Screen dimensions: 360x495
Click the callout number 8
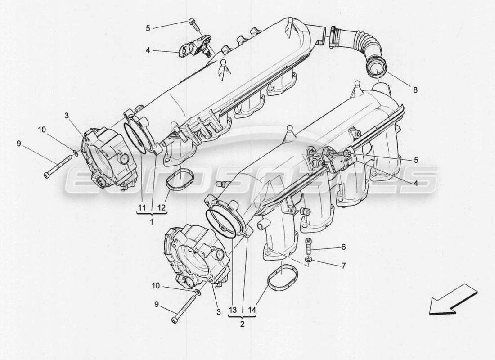pyautogui.click(x=415, y=90)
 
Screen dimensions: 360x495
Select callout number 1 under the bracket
pyautogui.click(x=151, y=222)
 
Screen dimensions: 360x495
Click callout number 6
pyautogui.click(x=343, y=247)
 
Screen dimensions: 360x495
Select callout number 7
pyautogui.click(x=343, y=265)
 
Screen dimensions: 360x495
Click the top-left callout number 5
pyautogui.click(x=148, y=27)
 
